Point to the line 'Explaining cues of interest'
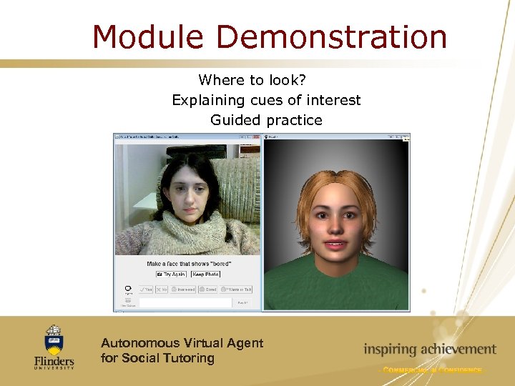click(266, 100)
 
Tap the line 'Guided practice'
click(266, 120)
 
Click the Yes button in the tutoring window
click(146, 289)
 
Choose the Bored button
click(207, 289)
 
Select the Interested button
click(182, 289)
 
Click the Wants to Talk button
click(236, 289)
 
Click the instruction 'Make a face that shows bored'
click(189, 264)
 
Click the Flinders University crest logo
click(54, 339)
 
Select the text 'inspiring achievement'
click(429, 350)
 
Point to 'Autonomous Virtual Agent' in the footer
click(182, 343)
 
